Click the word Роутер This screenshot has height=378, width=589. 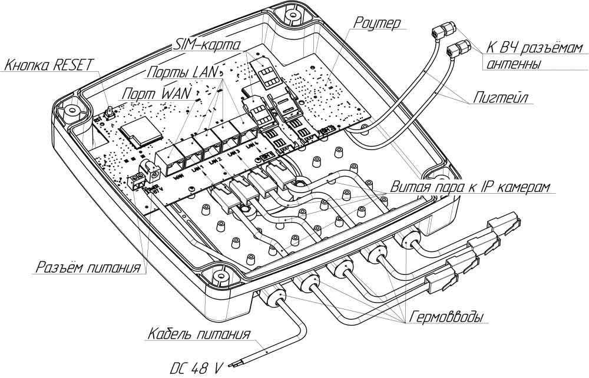377,24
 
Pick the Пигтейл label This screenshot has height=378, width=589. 501,98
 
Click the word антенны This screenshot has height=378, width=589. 512,64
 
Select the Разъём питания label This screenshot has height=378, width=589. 88,268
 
